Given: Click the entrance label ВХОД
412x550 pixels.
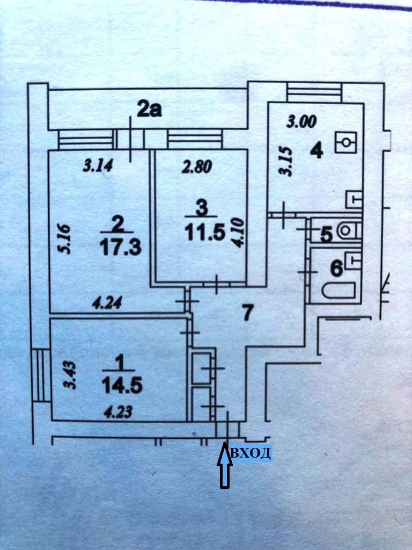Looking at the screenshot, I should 251,454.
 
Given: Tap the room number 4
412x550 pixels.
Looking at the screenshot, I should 317,151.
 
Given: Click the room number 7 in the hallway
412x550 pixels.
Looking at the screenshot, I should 247,312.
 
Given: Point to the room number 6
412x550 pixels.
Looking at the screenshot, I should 336,267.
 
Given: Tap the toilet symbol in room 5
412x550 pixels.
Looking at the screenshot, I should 347,230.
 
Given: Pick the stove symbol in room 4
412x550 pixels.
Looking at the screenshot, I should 347,143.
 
